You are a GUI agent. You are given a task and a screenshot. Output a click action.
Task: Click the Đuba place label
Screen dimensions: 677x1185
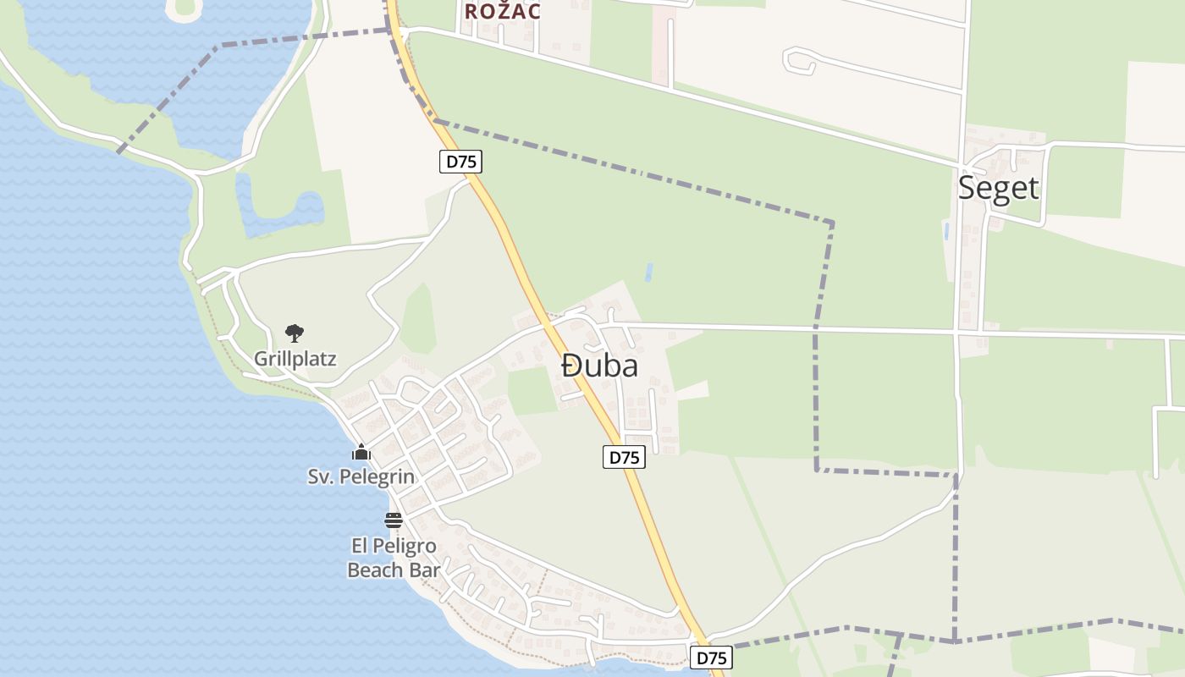coord(599,366)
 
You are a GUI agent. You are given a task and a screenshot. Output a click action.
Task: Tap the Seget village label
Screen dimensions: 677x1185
coord(998,188)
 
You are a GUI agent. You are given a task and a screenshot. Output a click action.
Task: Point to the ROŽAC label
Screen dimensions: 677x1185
coord(502,11)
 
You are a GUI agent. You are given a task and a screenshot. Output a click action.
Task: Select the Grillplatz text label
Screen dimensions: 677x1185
coord(295,359)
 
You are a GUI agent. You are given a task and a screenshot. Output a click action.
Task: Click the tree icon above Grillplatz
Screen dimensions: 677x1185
coord(294,333)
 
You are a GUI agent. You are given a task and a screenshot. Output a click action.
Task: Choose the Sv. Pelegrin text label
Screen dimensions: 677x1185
coord(361,476)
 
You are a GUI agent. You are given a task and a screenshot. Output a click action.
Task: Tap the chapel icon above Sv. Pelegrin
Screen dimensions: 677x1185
coord(361,453)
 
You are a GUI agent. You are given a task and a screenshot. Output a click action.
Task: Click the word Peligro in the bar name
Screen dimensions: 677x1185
coord(407,546)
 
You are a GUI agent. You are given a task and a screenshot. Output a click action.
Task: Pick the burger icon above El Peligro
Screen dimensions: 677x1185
coord(393,520)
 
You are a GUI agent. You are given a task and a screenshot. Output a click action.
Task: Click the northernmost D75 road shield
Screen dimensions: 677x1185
coord(460,162)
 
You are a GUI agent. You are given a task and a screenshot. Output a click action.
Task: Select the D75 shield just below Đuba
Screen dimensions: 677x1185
coord(624,457)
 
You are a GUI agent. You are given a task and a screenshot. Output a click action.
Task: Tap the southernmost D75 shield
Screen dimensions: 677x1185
coord(711,658)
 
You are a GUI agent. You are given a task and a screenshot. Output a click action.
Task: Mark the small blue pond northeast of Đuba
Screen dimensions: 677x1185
coord(649,272)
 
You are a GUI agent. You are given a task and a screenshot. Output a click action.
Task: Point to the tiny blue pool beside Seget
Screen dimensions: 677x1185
coord(945,230)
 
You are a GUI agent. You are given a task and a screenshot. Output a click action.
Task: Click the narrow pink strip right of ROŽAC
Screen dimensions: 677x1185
coord(659,47)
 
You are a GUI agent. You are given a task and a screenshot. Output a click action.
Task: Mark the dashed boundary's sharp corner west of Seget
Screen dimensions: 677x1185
coord(831,223)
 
